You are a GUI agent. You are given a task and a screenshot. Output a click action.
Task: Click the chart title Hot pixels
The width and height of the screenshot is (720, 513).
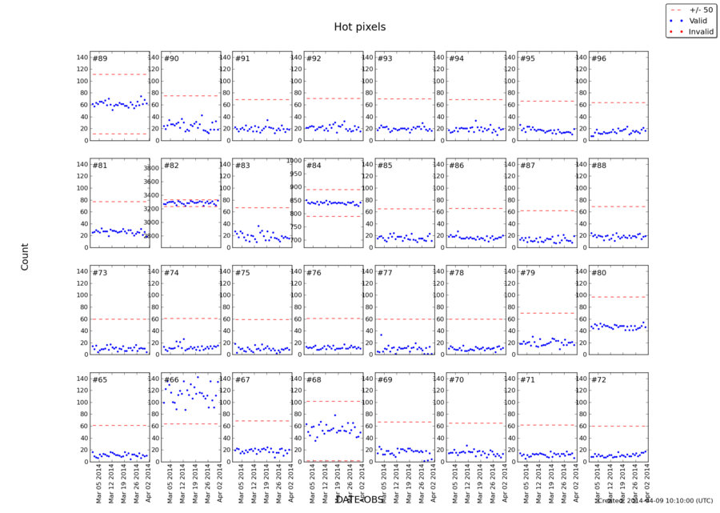[x=359, y=26]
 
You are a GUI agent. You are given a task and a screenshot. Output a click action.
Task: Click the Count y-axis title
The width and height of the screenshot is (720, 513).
[x=24, y=257]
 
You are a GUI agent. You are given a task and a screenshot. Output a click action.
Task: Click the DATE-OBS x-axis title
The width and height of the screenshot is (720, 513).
[x=359, y=499]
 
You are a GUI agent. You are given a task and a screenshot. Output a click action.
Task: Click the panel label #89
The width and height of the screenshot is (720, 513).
[x=101, y=58]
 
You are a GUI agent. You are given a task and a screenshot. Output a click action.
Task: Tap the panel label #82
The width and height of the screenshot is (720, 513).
[x=172, y=166]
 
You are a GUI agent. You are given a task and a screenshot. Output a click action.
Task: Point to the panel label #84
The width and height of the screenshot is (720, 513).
[x=314, y=166]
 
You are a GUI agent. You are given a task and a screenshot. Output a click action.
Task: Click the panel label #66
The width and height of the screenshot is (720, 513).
[x=172, y=379]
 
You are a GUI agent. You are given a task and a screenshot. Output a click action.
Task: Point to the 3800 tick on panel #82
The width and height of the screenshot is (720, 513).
[x=151, y=168]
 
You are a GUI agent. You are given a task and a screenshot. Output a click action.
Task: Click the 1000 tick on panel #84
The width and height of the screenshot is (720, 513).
[x=292, y=160]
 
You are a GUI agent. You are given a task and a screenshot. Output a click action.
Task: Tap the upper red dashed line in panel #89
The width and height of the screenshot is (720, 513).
[x=119, y=74]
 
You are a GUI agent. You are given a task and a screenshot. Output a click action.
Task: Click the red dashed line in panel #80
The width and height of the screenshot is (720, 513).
[x=617, y=297]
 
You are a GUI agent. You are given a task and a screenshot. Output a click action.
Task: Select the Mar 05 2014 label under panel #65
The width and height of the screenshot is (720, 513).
[x=97, y=483]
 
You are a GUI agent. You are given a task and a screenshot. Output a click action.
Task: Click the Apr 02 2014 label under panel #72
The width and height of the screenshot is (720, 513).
[x=645, y=483]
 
